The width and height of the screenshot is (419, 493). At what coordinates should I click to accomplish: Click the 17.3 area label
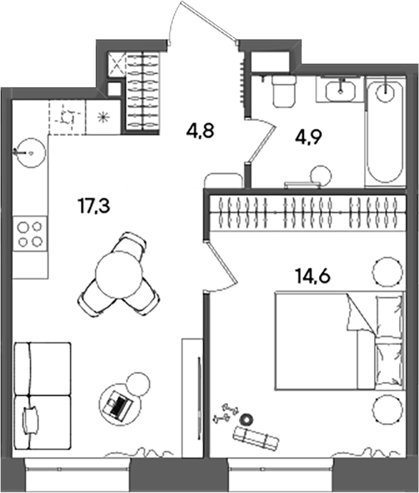pyautogui.click(x=94, y=207)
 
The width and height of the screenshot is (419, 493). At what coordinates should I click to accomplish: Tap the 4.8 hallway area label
pyautogui.click(x=200, y=130)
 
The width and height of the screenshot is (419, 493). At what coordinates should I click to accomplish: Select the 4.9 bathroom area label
pyautogui.click(x=309, y=137)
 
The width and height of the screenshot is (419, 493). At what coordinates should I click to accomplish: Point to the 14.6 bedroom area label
pyautogui.click(x=312, y=277)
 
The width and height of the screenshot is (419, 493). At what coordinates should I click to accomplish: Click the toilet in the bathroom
pyautogui.click(x=284, y=91)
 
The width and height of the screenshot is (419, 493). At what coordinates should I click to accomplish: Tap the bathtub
pyautogui.click(x=385, y=132)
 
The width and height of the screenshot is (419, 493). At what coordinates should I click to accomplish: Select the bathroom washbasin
pyautogui.click(x=340, y=90)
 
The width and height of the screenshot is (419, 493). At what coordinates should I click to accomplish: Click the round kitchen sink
pyautogui.click(x=30, y=153)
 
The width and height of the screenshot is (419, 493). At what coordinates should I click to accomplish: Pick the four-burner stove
pyautogui.click(x=30, y=233)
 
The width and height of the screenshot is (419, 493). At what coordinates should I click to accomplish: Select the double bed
pyautogui.click(x=339, y=341)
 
